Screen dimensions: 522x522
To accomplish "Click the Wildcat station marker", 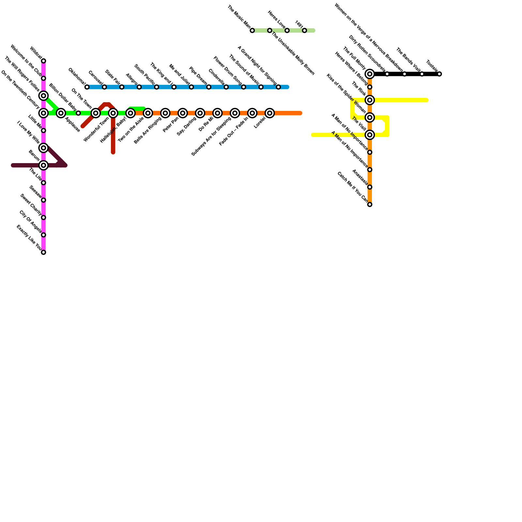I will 43,61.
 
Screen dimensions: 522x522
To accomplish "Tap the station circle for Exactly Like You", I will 43,252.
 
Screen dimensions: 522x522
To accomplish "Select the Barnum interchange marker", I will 43,165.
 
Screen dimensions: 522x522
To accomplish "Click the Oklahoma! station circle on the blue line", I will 87,87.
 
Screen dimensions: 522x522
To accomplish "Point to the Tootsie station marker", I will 439,74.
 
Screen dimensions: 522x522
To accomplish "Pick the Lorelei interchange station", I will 269,113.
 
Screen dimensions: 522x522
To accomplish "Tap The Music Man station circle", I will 252,31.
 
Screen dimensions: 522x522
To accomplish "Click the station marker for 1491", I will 304,31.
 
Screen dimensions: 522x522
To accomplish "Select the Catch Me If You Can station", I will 370,205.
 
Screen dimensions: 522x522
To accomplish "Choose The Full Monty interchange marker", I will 370,74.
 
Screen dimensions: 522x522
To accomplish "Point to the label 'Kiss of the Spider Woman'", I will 346,94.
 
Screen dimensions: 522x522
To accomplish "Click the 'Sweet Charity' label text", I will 31,205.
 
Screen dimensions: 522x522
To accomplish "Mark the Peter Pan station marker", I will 183,113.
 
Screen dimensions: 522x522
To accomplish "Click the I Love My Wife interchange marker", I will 43,148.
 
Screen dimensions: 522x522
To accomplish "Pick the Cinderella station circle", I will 226,87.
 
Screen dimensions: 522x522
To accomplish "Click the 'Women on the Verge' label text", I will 368,38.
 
